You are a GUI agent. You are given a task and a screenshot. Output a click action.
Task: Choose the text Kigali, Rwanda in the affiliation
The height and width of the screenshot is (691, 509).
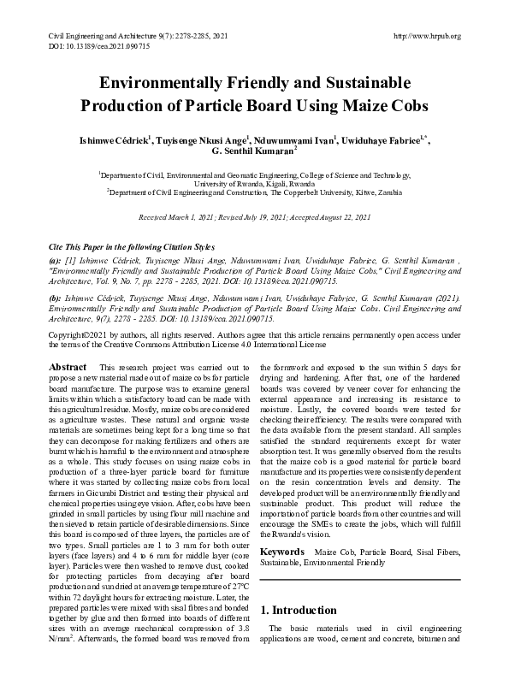tap(288, 184)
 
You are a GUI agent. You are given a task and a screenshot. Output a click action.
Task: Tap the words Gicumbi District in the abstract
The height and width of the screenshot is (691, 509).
tap(112, 488)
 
